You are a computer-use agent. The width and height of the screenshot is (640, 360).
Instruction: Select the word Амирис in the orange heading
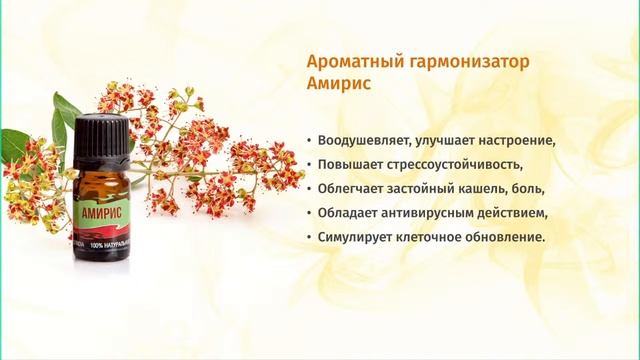click(339, 85)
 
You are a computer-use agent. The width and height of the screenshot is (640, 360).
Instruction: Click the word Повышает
click(347, 163)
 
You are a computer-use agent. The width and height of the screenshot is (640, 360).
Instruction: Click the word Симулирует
click(354, 236)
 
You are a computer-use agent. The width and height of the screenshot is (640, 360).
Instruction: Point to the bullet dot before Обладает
click(310, 212)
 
